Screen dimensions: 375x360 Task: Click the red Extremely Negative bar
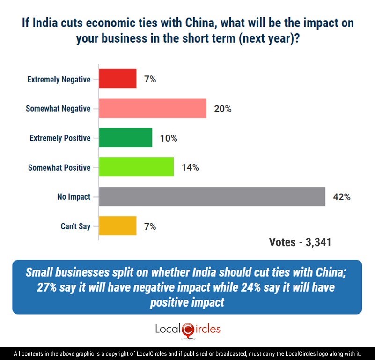(x=118, y=79)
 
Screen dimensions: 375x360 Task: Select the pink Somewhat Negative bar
(x=153, y=109)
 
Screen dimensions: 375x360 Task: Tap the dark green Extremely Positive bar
(x=125, y=138)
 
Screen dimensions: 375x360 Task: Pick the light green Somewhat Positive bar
(x=136, y=167)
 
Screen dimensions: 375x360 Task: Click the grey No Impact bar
(x=212, y=197)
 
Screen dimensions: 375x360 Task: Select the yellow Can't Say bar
(x=118, y=226)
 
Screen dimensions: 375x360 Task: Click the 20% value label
(x=222, y=109)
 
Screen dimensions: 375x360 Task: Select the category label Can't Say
(x=75, y=226)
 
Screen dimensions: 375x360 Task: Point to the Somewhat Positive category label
(x=59, y=167)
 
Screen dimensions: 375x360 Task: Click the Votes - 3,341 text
(x=300, y=242)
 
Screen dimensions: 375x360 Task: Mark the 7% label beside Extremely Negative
(x=150, y=79)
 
